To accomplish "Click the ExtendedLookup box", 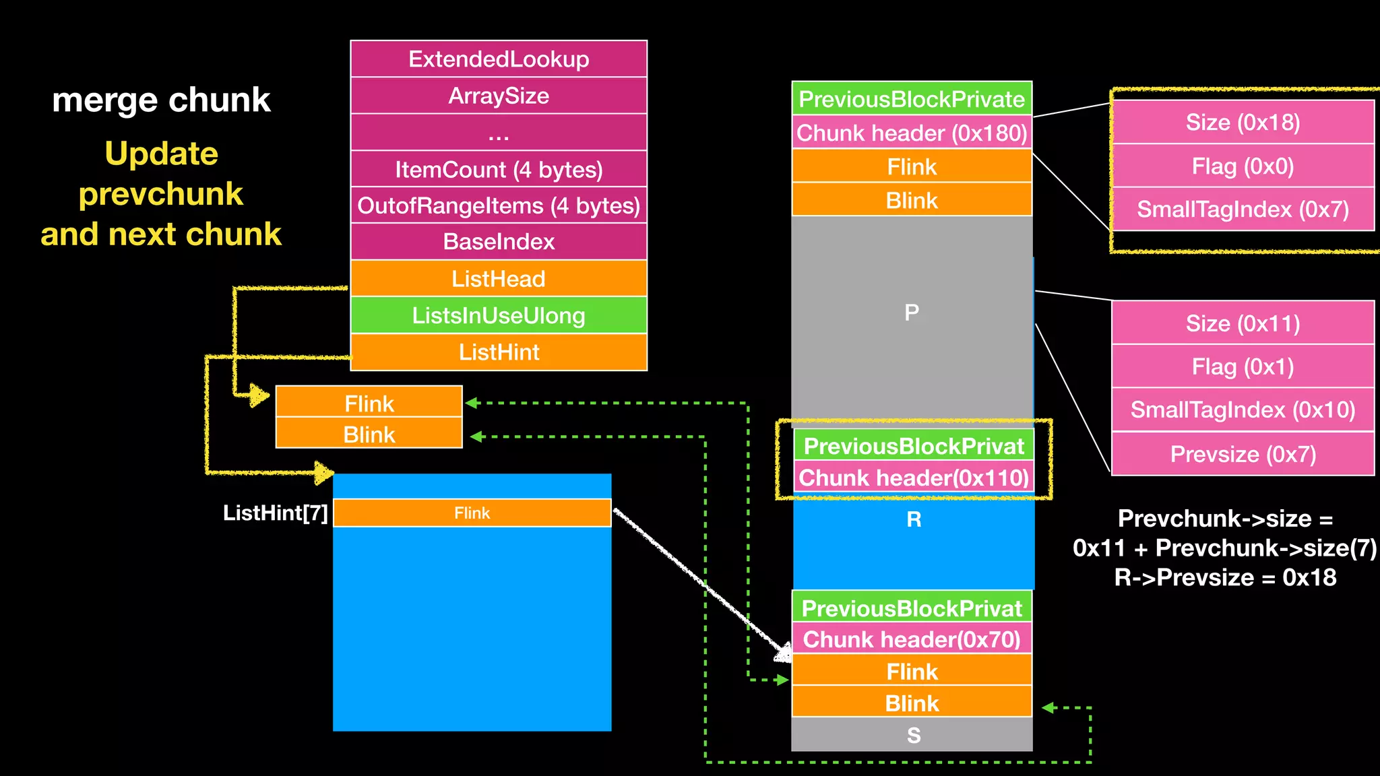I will (x=499, y=59).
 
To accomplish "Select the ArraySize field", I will (x=499, y=96).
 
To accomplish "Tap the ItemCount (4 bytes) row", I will (x=499, y=169).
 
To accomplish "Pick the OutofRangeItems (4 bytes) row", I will (x=499, y=205).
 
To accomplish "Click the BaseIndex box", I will (x=499, y=242).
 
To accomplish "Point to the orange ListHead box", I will (x=499, y=279).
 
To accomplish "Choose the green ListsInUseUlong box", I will (x=499, y=315).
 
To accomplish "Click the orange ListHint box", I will (x=499, y=352).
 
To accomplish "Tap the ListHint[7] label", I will (x=276, y=513).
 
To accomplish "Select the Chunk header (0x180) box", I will (x=912, y=133).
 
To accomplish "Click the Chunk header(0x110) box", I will (x=914, y=478).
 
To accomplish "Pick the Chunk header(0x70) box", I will (x=912, y=639).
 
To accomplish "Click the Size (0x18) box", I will (x=1243, y=123).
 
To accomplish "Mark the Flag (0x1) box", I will (x=1243, y=367).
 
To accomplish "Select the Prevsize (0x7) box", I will (x=1243, y=454).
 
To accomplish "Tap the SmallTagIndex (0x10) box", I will (x=1243, y=410).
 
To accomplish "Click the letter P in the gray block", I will (x=912, y=313).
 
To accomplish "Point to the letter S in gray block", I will (x=913, y=735).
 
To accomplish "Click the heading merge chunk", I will (x=161, y=100).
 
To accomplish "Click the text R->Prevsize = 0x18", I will (x=1225, y=578).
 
